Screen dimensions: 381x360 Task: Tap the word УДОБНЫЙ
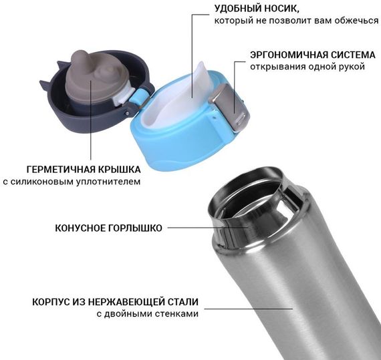tap(236, 9)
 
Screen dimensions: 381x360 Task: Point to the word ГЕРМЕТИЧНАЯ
tap(61, 170)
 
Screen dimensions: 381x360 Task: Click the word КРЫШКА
tap(119, 170)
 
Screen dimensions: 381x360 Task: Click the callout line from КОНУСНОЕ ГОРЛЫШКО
tap(207, 228)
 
